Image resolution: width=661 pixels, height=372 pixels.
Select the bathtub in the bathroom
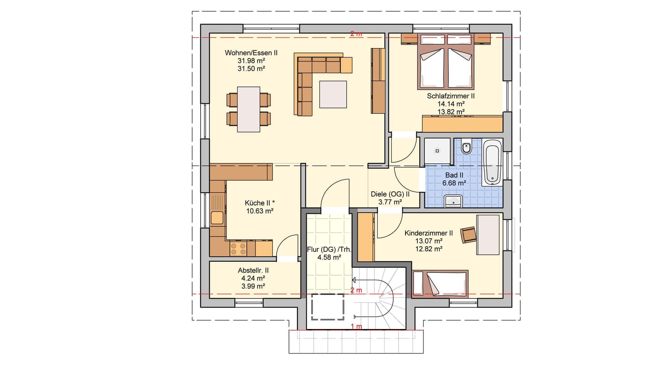[492, 162]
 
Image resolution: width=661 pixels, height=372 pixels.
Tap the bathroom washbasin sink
[453, 201]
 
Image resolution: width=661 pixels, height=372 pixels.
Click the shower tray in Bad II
[437, 151]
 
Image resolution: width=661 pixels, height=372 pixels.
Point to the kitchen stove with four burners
[238, 249]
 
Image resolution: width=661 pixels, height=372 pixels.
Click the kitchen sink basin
[217, 218]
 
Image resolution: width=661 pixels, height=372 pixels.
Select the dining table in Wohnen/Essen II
[249, 110]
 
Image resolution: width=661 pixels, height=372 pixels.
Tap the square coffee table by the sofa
[333, 94]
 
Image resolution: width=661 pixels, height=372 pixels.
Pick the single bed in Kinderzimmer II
[440, 284]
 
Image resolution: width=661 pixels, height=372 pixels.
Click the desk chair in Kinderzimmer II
[469, 234]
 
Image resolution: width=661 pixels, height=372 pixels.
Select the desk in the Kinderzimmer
[488, 234]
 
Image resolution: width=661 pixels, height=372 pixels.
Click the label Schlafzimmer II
[451, 96]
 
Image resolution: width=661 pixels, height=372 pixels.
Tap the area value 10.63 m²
[260, 211]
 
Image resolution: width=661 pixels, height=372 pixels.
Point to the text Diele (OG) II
[390, 194]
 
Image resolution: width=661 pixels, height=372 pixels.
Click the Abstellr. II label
[253, 271]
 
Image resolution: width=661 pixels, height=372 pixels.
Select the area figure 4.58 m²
[329, 257]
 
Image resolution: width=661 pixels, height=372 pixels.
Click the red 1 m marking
[356, 327]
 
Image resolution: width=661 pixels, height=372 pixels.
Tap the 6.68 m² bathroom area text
[454, 183]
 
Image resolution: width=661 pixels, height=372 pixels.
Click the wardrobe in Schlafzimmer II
[463, 124]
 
